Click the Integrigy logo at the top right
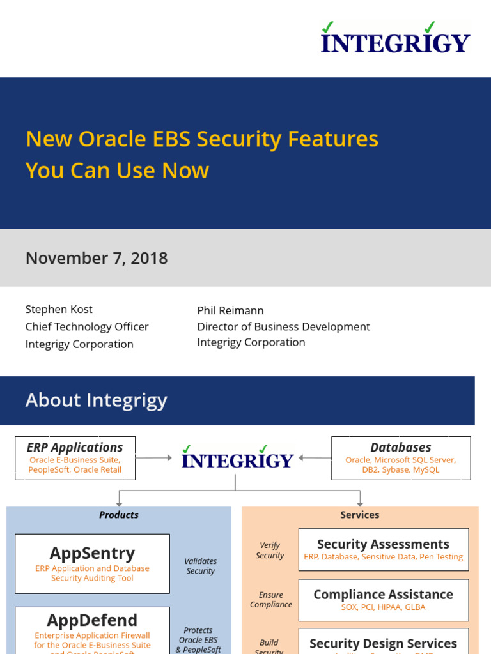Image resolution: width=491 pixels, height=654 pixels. pyautogui.click(x=395, y=39)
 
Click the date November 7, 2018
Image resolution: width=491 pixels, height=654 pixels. pyautogui.click(x=97, y=258)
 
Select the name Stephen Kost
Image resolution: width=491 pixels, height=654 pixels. pyautogui.click(x=59, y=309)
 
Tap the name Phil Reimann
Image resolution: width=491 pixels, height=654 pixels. pyautogui.click(x=230, y=310)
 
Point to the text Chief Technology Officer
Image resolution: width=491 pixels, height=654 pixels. pyautogui.click(x=87, y=326)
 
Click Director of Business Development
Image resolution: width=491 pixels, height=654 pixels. pyautogui.click(x=283, y=326)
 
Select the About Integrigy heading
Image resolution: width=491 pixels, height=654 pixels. pyautogui.click(x=96, y=400)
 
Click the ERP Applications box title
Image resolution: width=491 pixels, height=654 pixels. pyautogui.click(x=75, y=448)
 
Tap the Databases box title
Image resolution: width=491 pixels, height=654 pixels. pyautogui.click(x=401, y=448)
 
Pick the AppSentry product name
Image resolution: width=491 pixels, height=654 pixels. pyautogui.click(x=92, y=552)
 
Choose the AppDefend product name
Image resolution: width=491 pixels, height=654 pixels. pyautogui.click(x=92, y=620)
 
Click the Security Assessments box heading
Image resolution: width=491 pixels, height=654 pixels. pyautogui.click(x=383, y=544)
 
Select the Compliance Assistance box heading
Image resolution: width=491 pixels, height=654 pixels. pyautogui.click(x=383, y=594)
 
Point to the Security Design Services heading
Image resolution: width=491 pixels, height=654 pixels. pyautogui.click(x=383, y=643)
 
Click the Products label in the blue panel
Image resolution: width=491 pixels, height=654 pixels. pyautogui.click(x=119, y=515)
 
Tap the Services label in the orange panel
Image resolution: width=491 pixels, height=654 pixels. pyautogui.click(x=360, y=515)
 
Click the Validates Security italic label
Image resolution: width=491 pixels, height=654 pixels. pyautogui.click(x=201, y=566)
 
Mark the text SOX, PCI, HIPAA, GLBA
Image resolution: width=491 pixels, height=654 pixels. pyautogui.click(x=383, y=607)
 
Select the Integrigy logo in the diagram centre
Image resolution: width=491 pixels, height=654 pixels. pyautogui.click(x=237, y=459)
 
